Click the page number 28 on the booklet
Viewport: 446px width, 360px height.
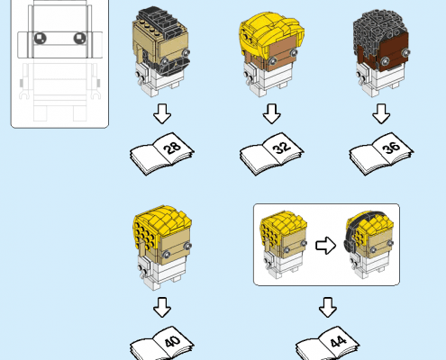(x=173, y=148)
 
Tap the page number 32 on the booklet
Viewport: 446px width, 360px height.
(x=282, y=148)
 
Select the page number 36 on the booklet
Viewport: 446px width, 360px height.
(x=392, y=147)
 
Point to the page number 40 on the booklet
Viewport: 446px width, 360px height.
(x=173, y=341)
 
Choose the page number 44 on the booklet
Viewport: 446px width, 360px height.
(x=338, y=341)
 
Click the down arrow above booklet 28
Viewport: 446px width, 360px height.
(x=162, y=114)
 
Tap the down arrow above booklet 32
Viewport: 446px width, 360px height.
(x=272, y=114)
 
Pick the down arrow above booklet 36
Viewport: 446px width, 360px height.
(x=381, y=114)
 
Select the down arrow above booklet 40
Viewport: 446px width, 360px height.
(x=162, y=308)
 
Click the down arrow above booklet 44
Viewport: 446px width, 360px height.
(x=328, y=308)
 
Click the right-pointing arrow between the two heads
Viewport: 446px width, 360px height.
(x=326, y=246)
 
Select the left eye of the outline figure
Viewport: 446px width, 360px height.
(x=40, y=38)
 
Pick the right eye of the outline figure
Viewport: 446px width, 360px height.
(x=79, y=38)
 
